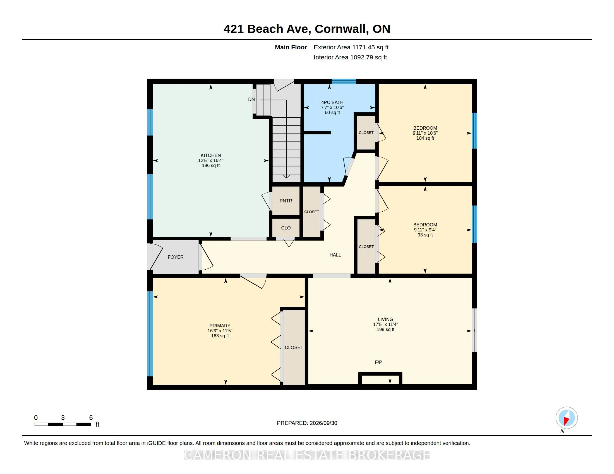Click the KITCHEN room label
(x=210, y=155)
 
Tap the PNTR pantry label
(x=286, y=201)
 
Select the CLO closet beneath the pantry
(x=286, y=228)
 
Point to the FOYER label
(x=176, y=257)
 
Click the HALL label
(x=335, y=255)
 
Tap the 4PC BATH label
(x=332, y=103)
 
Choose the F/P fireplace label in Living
(x=378, y=362)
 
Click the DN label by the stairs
(x=251, y=99)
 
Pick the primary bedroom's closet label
(x=294, y=347)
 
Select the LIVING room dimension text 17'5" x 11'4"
(x=385, y=324)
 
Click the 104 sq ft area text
(x=425, y=138)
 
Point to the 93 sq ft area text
(x=425, y=235)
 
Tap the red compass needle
(x=567, y=421)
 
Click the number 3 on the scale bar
(x=63, y=418)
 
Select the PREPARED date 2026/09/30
(x=323, y=423)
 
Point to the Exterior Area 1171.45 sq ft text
(x=351, y=47)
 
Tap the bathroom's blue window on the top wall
(x=344, y=81)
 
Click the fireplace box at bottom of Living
(x=380, y=379)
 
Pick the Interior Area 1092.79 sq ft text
(x=350, y=57)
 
